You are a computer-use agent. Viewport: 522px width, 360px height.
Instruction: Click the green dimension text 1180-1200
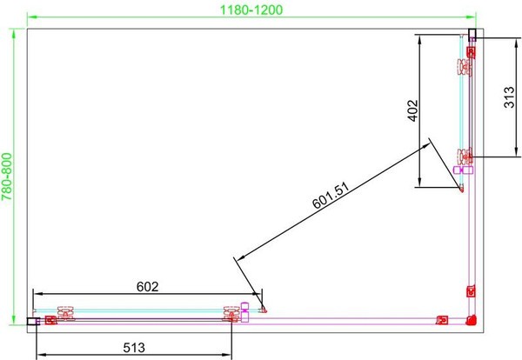[x=251, y=10]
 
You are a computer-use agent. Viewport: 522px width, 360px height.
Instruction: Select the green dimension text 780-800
[x=7, y=177]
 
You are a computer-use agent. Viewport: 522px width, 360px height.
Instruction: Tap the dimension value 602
[x=148, y=286]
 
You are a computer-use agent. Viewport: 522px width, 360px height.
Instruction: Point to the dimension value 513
[x=134, y=348]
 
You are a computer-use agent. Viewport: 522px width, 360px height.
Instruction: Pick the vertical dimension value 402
[x=412, y=110]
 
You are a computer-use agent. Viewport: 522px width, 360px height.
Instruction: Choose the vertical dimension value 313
[x=509, y=97]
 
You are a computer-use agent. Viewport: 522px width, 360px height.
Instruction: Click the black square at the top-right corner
[x=472, y=34]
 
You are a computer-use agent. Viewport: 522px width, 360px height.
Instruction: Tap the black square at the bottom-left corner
[x=33, y=321]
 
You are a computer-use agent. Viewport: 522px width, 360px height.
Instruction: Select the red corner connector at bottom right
[x=472, y=320]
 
